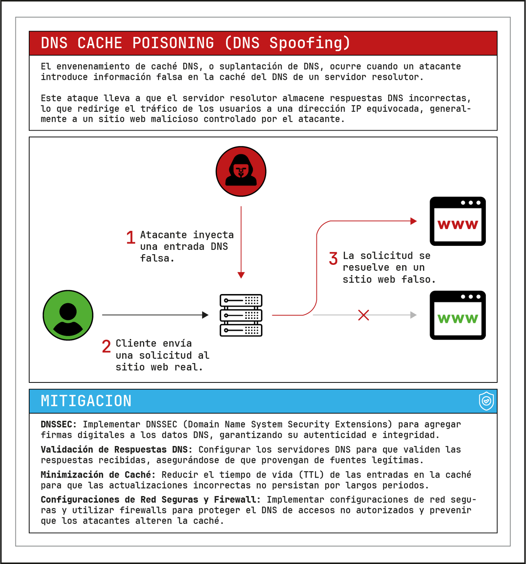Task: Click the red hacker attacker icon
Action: click(x=241, y=171)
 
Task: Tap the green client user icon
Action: click(x=68, y=315)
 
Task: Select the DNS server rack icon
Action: click(x=241, y=315)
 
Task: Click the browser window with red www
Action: click(x=457, y=221)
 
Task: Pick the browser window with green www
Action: click(x=457, y=315)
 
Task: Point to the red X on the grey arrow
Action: click(x=364, y=315)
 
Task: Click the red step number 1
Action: click(x=131, y=238)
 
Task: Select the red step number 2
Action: click(x=106, y=347)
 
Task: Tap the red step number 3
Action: click(x=333, y=259)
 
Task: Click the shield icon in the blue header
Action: click(x=486, y=401)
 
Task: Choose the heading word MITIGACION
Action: click(x=86, y=401)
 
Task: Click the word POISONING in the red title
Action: click(x=173, y=43)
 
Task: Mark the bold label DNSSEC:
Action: click(x=59, y=425)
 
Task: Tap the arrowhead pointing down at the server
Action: click(x=241, y=275)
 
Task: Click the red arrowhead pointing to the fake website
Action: click(x=413, y=221)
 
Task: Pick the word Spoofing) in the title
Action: click(x=310, y=43)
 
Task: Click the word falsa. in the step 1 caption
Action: click(x=157, y=259)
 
